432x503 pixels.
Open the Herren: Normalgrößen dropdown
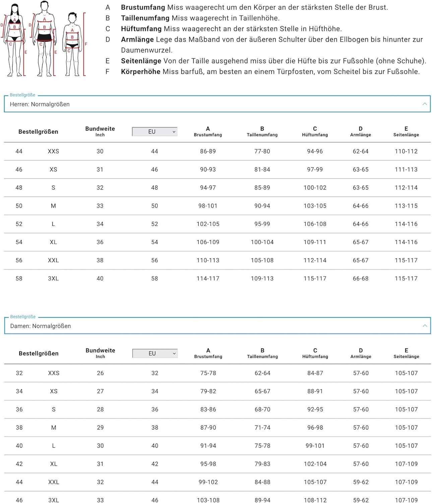coord(217,104)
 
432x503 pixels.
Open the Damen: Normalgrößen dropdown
coord(217,326)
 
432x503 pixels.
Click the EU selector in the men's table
coord(155,132)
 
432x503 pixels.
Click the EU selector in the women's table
coord(155,353)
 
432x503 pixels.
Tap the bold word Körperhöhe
coord(140,71)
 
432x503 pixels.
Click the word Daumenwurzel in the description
coord(146,50)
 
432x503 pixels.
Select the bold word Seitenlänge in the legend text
coord(141,61)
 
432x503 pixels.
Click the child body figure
coord(72,44)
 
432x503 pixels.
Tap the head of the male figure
coord(44,6)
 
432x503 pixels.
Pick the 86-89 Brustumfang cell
coord(208,151)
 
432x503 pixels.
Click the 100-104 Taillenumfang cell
coord(262,242)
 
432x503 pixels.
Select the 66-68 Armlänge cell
coord(360,278)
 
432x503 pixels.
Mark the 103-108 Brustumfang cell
coord(208,500)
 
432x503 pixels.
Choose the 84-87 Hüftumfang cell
coord(315,373)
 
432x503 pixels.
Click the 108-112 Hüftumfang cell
coord(315,500)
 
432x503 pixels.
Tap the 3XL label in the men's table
coord(53,278)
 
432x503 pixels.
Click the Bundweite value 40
coord(100,278)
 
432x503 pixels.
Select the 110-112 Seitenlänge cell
coord(406,151)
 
